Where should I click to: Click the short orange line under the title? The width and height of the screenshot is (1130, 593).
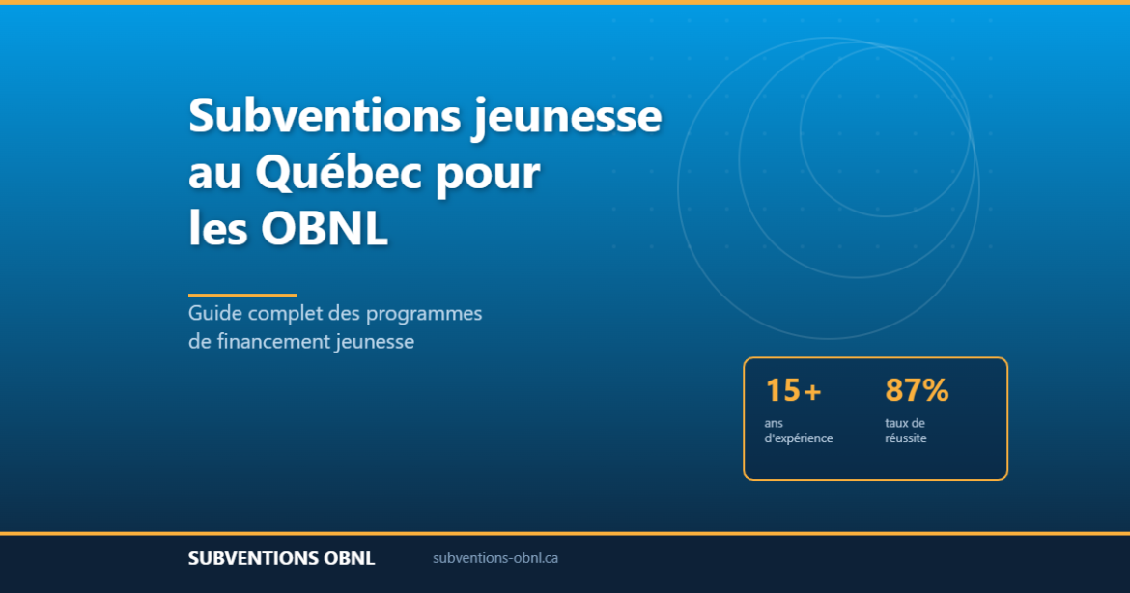241,295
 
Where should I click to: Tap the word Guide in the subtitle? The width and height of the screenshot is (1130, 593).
214,314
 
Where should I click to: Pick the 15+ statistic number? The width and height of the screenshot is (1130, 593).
793,390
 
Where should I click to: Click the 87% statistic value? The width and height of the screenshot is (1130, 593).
917,390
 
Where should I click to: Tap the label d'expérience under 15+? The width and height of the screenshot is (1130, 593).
798,438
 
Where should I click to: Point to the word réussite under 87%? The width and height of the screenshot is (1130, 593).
905,438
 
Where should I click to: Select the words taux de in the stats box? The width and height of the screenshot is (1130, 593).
905,423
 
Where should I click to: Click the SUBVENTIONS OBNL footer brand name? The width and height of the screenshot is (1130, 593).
281,558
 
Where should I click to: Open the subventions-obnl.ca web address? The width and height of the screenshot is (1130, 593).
495,558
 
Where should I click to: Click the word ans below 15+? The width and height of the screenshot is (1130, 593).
774,423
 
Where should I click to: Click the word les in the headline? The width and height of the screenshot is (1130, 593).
218,230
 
